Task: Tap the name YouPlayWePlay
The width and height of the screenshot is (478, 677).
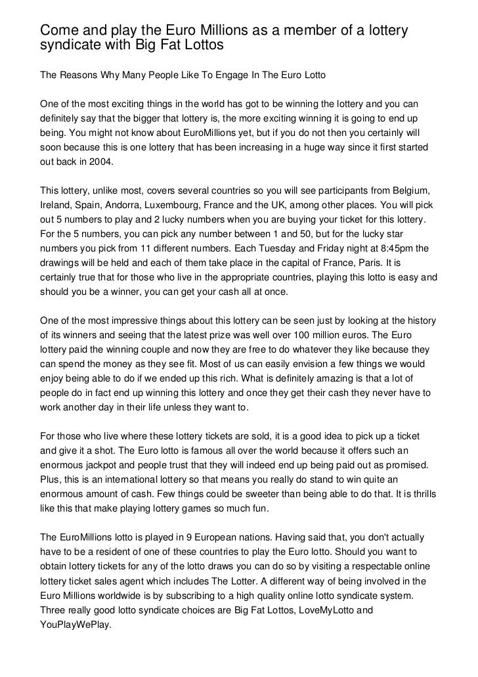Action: click(x=76, y=624)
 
